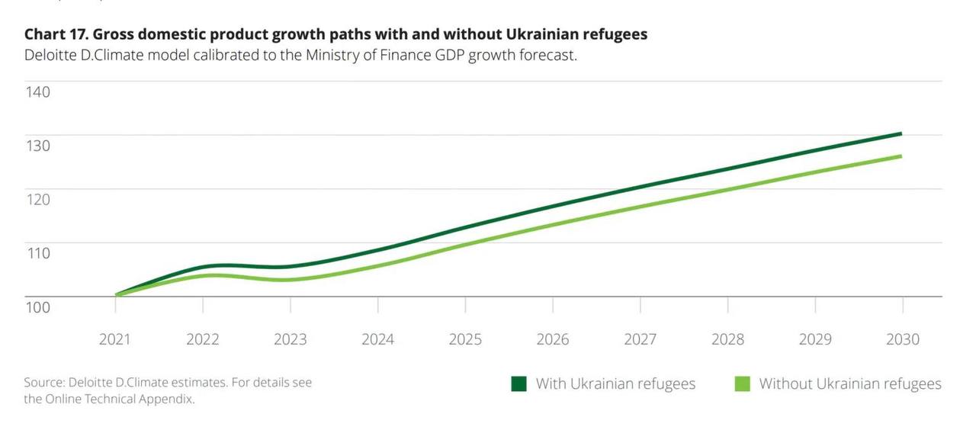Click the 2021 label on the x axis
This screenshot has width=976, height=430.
tap(114, 339)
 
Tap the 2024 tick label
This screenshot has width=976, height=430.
tap(377, 339)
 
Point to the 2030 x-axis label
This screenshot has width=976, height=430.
tap(902, 339)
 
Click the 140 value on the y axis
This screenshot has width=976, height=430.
tap(37, 91)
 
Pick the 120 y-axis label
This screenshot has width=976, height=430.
tap(37, 199)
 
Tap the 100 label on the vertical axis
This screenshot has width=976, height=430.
tap(37, 306)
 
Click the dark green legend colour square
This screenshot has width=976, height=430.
tap(518, 383)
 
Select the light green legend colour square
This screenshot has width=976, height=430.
tap(742, 383)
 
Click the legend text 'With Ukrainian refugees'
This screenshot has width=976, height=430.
tap(615, 383)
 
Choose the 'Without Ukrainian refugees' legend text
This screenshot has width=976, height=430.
tap(850, 383)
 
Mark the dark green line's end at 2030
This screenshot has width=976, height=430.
tap(902, 133)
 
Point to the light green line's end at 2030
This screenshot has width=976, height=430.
tap(902, 156)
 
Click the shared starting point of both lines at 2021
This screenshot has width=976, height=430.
tap(116, 295)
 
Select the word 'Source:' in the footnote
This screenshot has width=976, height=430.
tap(43, 383)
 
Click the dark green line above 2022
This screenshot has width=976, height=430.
tap(203, 267)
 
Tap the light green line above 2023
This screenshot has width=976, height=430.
tap(291, 279)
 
